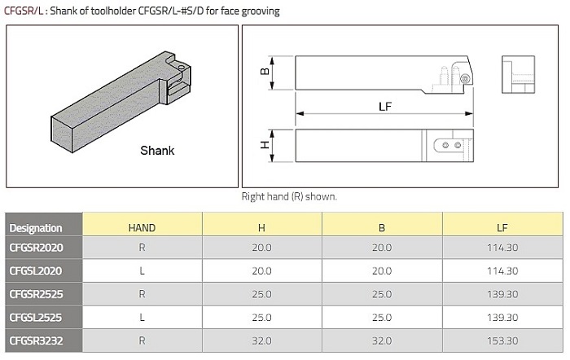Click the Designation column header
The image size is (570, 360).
(36, 228)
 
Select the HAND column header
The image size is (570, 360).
(142, 228)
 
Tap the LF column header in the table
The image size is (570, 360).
(502, 228)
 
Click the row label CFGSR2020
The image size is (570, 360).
(37, 248)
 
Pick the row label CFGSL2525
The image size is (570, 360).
(36, 318)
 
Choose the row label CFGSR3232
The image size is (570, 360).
(37, 340)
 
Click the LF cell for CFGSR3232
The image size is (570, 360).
(502, 340)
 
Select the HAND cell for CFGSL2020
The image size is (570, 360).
(142, 271)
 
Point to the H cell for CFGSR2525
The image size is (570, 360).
(261, 294)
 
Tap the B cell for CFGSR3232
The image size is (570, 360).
(382, 340)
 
